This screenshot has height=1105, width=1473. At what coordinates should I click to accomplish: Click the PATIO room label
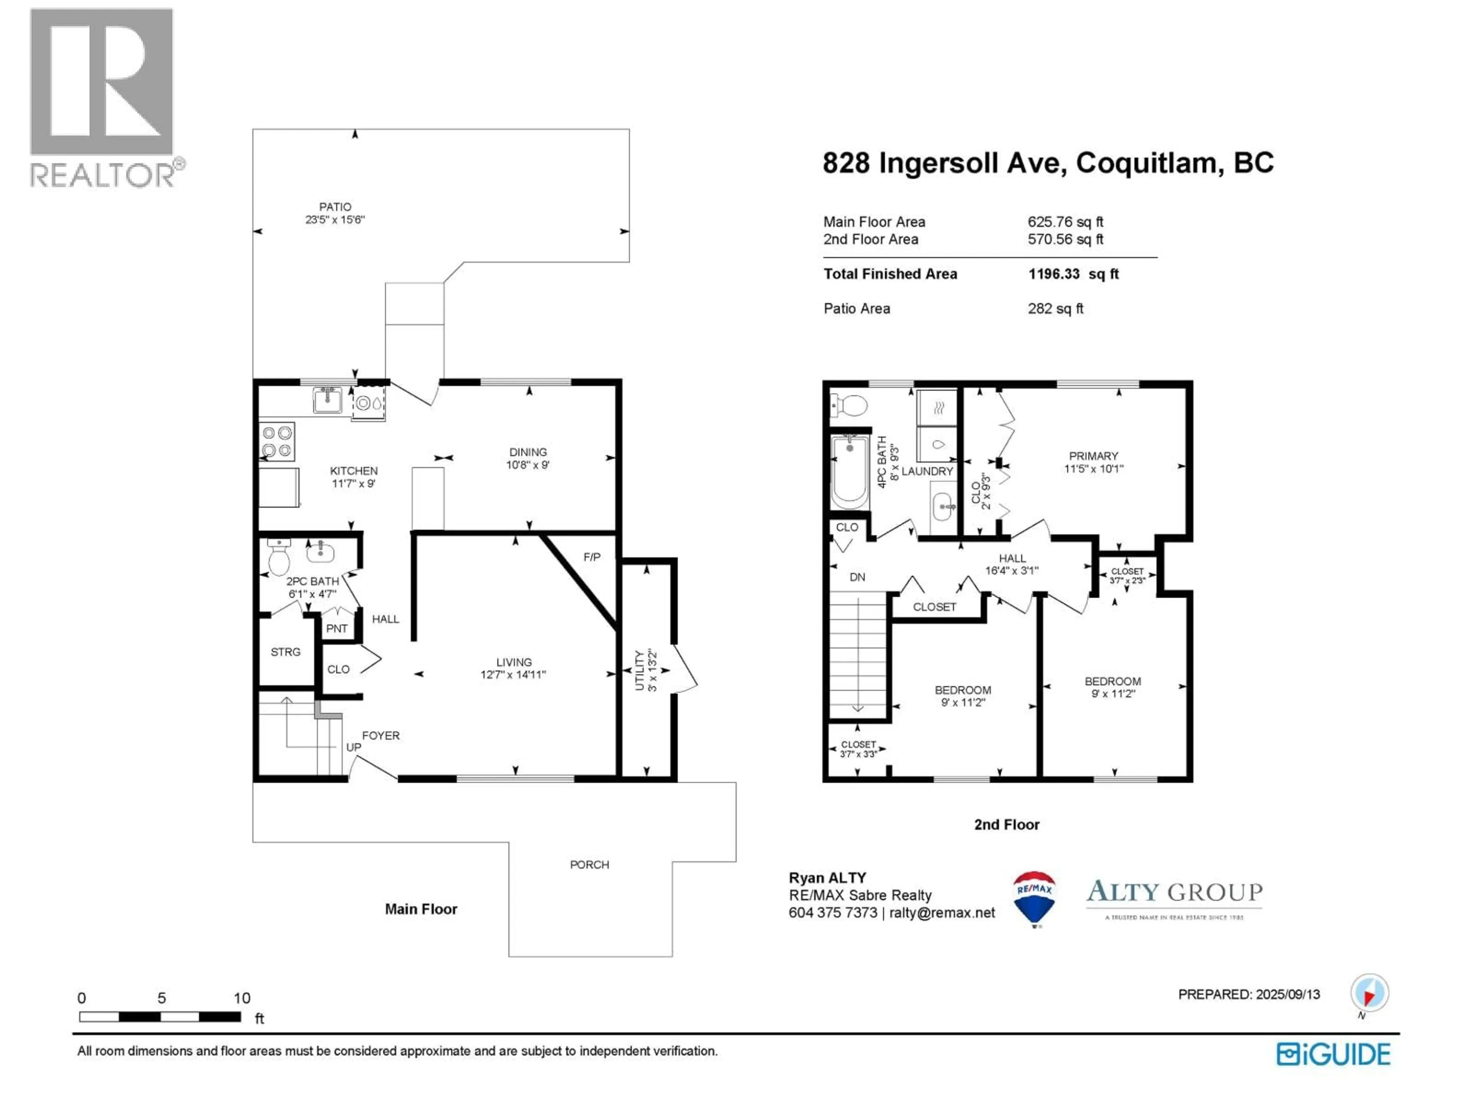click(335, 207)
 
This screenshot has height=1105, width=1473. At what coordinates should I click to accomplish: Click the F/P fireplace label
click(592, 557)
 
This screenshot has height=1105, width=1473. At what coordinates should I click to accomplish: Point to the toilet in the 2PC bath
click(279, 559)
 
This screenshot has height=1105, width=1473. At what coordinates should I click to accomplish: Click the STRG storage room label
click(285, 651)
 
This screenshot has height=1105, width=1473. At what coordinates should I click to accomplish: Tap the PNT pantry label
click(337, 628)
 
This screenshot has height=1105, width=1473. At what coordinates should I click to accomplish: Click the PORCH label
click(589, 864)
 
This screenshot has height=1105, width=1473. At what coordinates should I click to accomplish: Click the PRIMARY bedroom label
click(1093, 456)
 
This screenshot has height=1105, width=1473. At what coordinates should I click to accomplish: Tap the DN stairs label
click(857, 577)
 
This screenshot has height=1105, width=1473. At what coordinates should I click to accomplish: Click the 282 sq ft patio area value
click(1055, 308)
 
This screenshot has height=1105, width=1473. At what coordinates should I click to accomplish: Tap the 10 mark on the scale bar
click(242, 998)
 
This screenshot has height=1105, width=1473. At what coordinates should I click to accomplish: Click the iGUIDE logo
click(1333, 1054)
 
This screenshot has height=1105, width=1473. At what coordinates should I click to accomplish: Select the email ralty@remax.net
click(942, 912)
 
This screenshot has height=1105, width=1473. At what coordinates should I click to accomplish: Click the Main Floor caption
click(421, 909)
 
